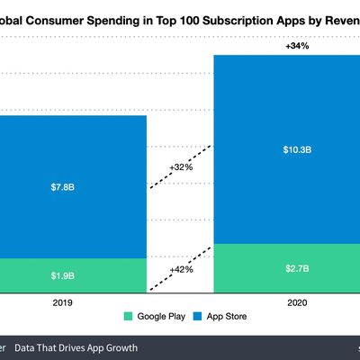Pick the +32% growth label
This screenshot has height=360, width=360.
pos(180,166)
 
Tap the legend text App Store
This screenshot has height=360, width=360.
pos(226,317)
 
